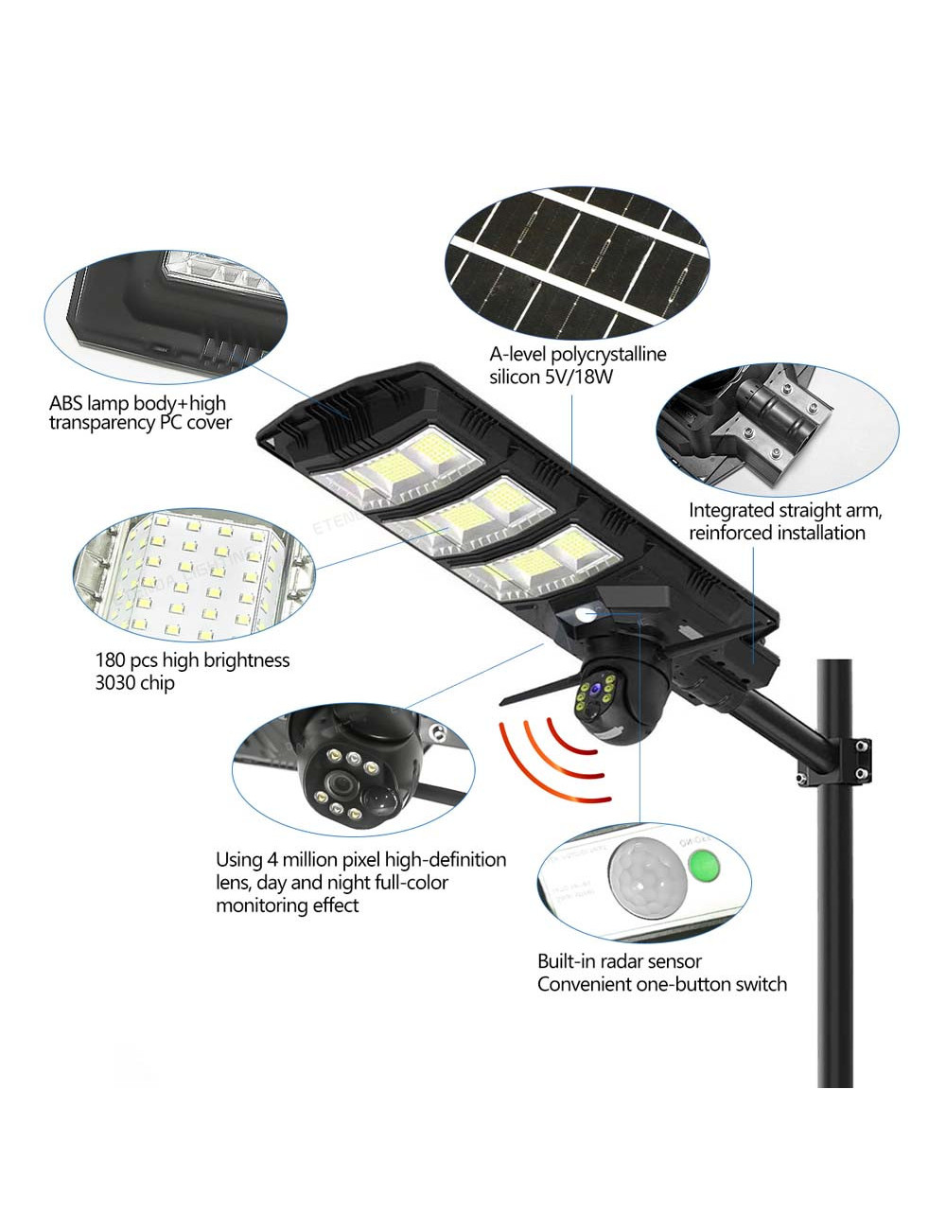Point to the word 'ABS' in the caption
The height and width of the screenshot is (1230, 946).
[x=66, y=401]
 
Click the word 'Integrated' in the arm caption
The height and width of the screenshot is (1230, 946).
[x=730, y=511]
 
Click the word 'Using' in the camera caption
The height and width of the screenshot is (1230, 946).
[x=238, y=860]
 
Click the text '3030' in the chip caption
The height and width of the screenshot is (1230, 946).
[x=115, y=683]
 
